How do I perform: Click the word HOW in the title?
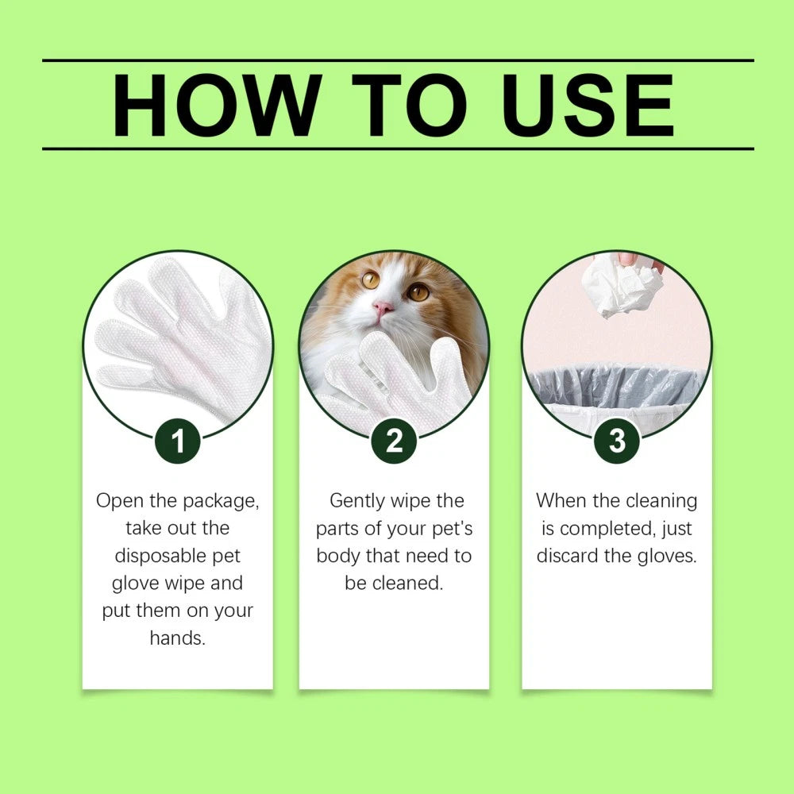click(216, 105)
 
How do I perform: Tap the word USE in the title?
click(588, 105)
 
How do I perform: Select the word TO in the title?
click(410, 105)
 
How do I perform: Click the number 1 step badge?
click(178, 441)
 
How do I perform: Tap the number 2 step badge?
click(394, 441)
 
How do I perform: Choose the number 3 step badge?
click(617, 441)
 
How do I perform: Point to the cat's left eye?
click(370, 279)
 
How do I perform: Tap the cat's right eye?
click(418, 291)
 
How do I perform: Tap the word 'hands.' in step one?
click(178, 638)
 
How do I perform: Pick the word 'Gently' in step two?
click(359, 501)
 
